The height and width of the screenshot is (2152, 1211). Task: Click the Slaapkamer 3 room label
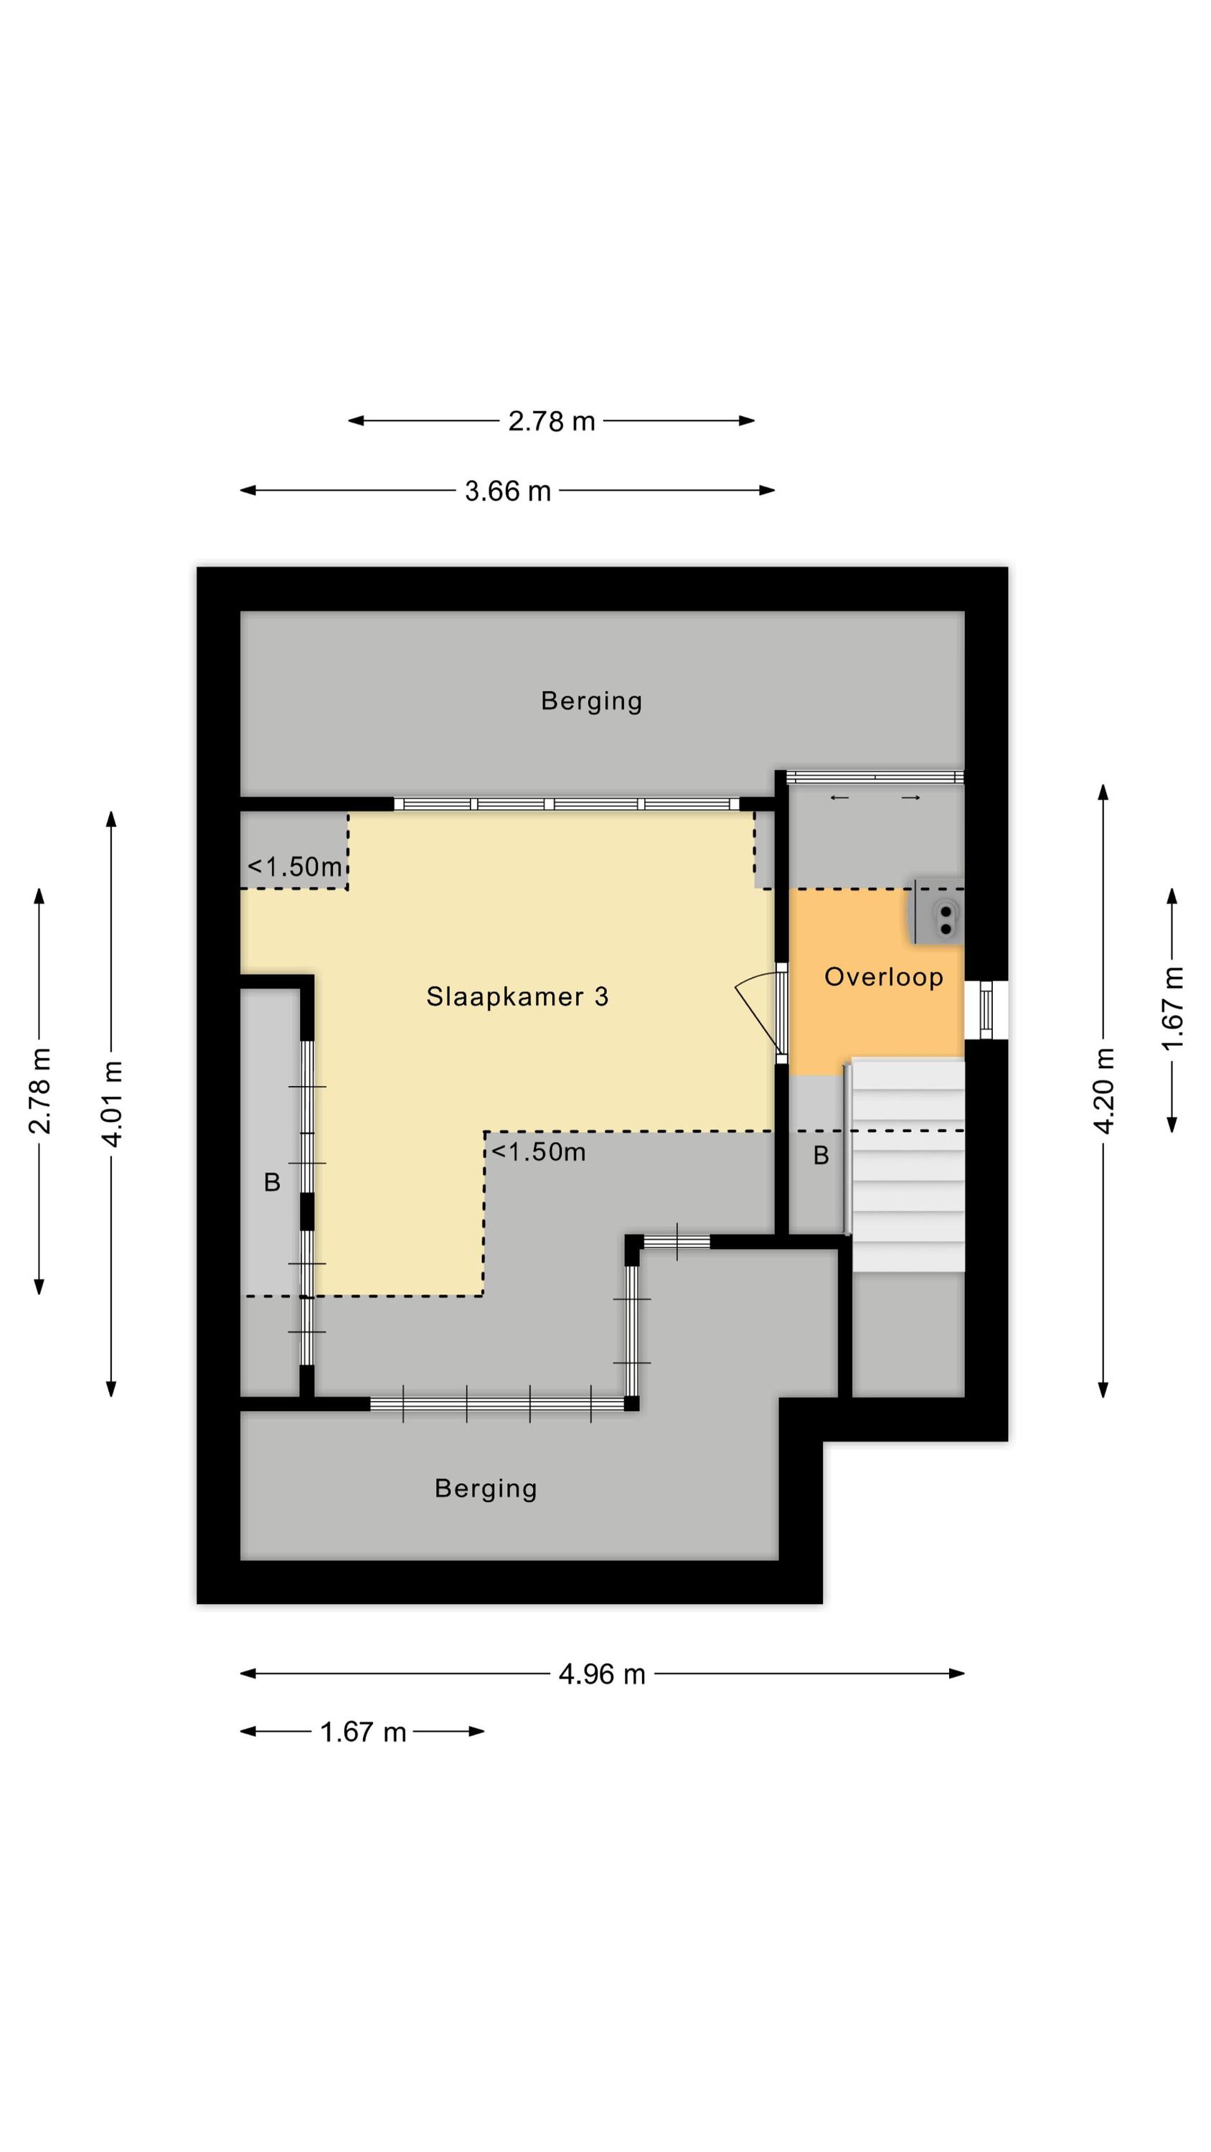[x=517, y=996]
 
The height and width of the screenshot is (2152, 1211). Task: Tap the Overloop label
[x=883, y=976]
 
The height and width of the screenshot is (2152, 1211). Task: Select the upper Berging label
[x=592, y=701]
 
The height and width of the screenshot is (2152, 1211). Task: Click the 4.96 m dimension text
[x=602, y=1674]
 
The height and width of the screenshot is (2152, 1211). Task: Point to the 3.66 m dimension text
[x=508, y=491]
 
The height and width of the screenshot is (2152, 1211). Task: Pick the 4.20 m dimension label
[x=1104, y=1090]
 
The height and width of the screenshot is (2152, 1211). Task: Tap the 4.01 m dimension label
[x=112, y=1103]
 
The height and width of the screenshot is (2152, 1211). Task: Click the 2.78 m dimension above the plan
[x=552, y=421]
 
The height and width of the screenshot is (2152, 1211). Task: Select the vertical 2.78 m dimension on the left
[x=39, y=1090]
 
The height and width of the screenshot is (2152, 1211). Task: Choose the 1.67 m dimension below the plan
[x=363, y=1732]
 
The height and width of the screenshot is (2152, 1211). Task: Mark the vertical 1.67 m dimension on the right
[x=1174, y=1009]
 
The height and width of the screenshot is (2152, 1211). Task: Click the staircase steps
[x=907, y=1166]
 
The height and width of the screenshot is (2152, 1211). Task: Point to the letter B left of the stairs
[x=821, y=1156]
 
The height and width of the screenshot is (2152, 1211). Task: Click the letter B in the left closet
[x=272, y=1182]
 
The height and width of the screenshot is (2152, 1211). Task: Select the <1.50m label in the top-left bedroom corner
[x=295, y=867]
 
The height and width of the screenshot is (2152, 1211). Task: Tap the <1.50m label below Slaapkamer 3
[x=538, y=1152]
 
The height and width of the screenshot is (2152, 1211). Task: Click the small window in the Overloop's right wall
[x=986, y=1009]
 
